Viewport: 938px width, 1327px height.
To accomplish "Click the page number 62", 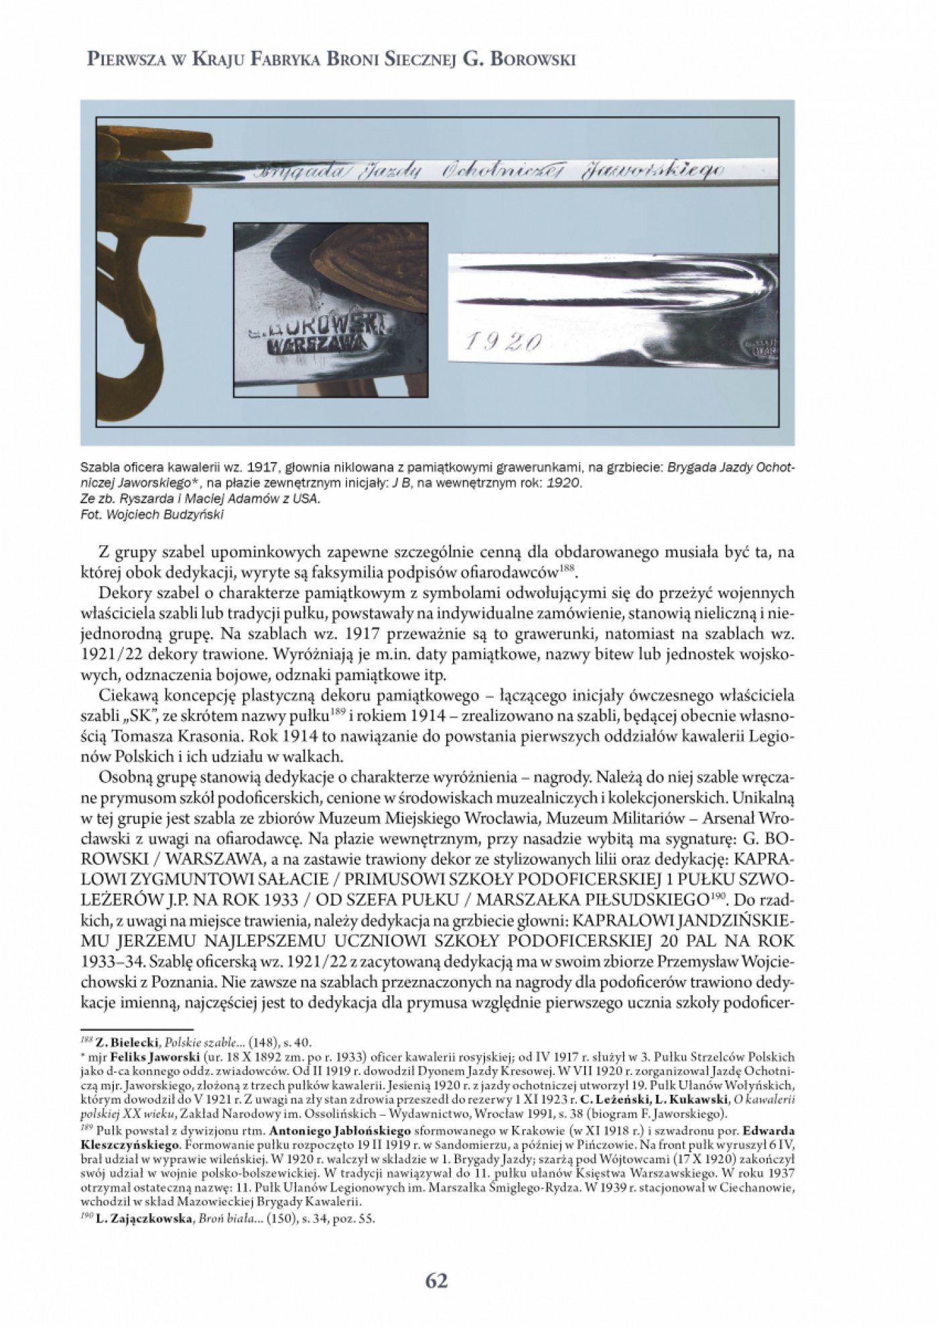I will click(x=436, y=1281).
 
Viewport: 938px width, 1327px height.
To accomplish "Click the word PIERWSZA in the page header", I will click(x=123, y=60).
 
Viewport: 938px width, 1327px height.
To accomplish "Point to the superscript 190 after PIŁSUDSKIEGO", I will click(x=718, y=897).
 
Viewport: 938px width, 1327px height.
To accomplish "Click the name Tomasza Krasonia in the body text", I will click(x=178, y=736).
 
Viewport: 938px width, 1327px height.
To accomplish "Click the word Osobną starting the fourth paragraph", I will click(x=124, y=778).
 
